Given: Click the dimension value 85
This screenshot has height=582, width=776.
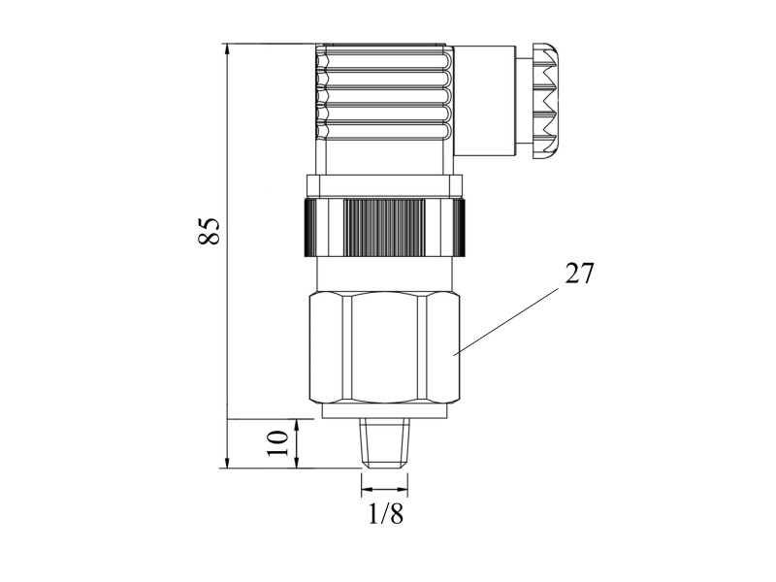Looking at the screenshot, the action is (x=209, y=231).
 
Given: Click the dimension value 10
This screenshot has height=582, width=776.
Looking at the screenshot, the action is (x=277, y=443).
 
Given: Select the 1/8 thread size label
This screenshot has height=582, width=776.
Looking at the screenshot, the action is (x=386, y=514).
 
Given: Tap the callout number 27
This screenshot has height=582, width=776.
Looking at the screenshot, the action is (x=579, y=274).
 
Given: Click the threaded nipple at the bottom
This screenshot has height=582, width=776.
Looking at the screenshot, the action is (x=384, y=443).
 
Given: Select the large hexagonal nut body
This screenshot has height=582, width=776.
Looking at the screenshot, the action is (x=385, y=348).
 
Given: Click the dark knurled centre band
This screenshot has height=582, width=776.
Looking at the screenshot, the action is (x=384, y=227).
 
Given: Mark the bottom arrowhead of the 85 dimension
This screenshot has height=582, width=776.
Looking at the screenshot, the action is (x=227, y=463).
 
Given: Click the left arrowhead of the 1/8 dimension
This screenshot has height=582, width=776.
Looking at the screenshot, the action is (x=368, y=491).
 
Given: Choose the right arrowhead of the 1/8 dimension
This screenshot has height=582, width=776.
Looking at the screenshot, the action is (x=402, y=491).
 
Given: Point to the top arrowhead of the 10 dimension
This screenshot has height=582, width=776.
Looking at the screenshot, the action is (x=297, y=425).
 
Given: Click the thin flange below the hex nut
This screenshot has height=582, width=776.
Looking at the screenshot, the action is (x=384, y=410).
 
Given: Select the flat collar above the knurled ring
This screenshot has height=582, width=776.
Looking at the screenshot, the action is (x=385, y=186).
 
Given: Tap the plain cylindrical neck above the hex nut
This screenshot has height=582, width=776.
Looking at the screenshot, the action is (x=384, y=275).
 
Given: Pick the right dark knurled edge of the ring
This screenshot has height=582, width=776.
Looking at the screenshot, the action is (x=459, y=227).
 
